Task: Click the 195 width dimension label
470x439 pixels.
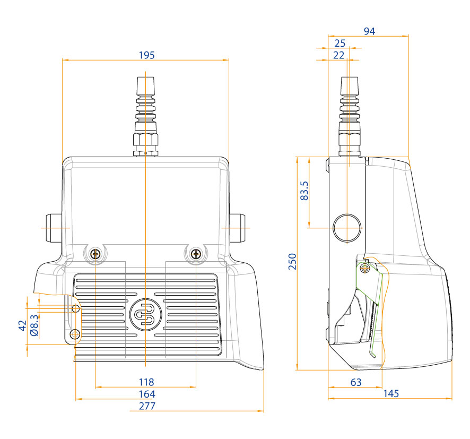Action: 146,55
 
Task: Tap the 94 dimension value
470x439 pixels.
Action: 369,31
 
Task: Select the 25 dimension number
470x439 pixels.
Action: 340,43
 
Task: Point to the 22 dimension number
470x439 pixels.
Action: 340,55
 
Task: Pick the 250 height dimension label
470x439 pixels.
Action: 292,262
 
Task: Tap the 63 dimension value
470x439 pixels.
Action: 356,382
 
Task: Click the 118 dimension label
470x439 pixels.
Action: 146,382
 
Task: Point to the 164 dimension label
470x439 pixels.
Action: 147,394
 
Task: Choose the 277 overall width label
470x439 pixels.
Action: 147,407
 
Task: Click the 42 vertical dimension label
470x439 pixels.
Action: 22,325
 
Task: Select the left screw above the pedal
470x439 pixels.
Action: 95,254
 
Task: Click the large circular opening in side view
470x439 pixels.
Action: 347,228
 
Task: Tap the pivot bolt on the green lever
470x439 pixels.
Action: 364,269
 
